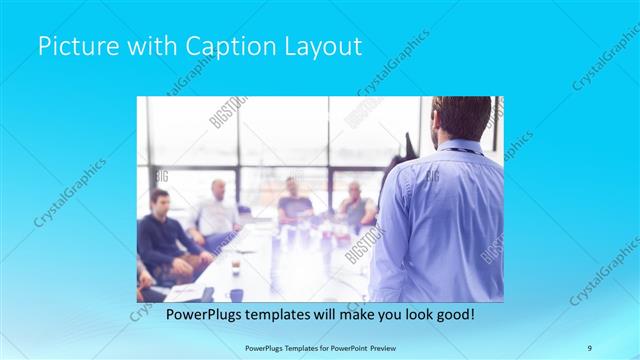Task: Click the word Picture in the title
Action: coord(73,46)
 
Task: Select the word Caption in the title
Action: coord(213,46)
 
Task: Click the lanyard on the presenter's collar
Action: coord(460,151)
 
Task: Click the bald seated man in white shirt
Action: coord(217,210)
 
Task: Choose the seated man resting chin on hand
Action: coord(355,204)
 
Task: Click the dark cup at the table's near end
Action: coord(236,294)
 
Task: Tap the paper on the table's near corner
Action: coord(185,292)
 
